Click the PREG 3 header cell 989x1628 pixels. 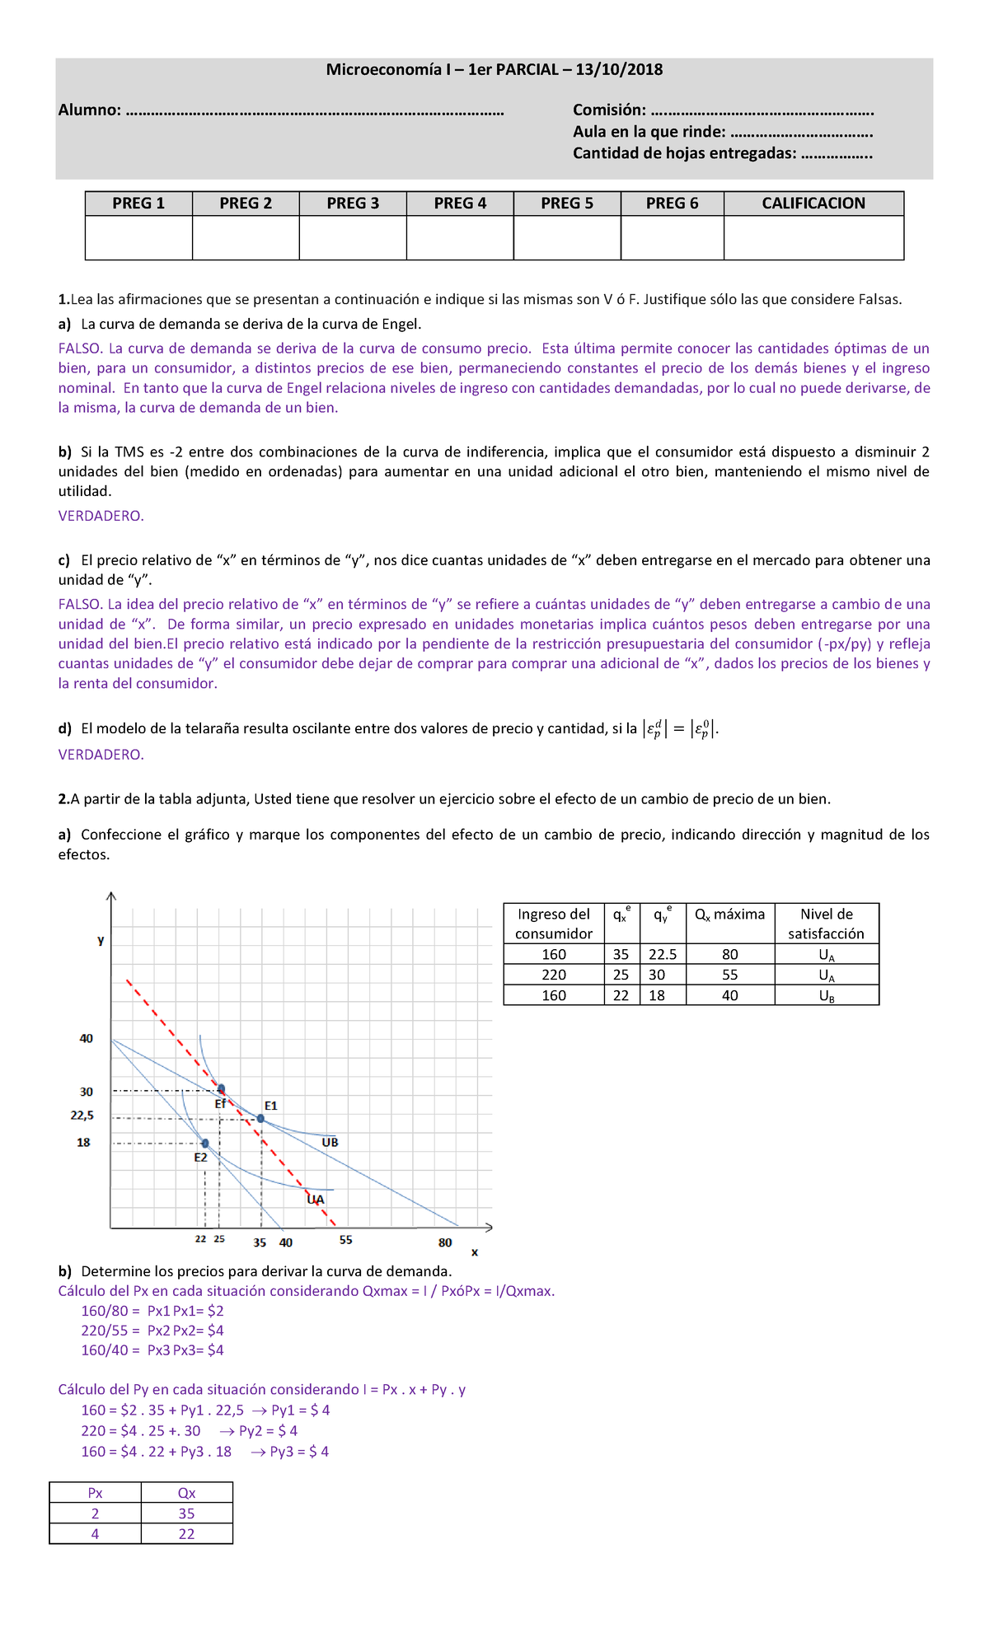[353, 203]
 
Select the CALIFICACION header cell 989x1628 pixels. [813, 203]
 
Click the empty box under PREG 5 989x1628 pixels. [567, 238]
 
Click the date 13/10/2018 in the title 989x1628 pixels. [619, 70]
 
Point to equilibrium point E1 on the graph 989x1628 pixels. [260, 1118]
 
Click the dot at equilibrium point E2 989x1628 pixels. [205, 1144]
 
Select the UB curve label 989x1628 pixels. [330, 1143]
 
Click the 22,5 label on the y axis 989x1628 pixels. [82, 1116]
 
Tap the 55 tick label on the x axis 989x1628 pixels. [345, 1240]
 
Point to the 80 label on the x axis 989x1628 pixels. [445, 1242]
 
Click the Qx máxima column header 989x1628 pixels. [729, 915]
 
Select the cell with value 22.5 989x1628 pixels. [663, 954]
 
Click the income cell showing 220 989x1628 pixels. [554, 975]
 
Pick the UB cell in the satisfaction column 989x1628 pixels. [827, 995]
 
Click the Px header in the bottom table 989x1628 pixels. [96, 1493]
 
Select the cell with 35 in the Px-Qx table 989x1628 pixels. [187, 1513]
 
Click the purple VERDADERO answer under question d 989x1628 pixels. [101, 755]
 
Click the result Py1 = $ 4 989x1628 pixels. [300, 1410]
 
